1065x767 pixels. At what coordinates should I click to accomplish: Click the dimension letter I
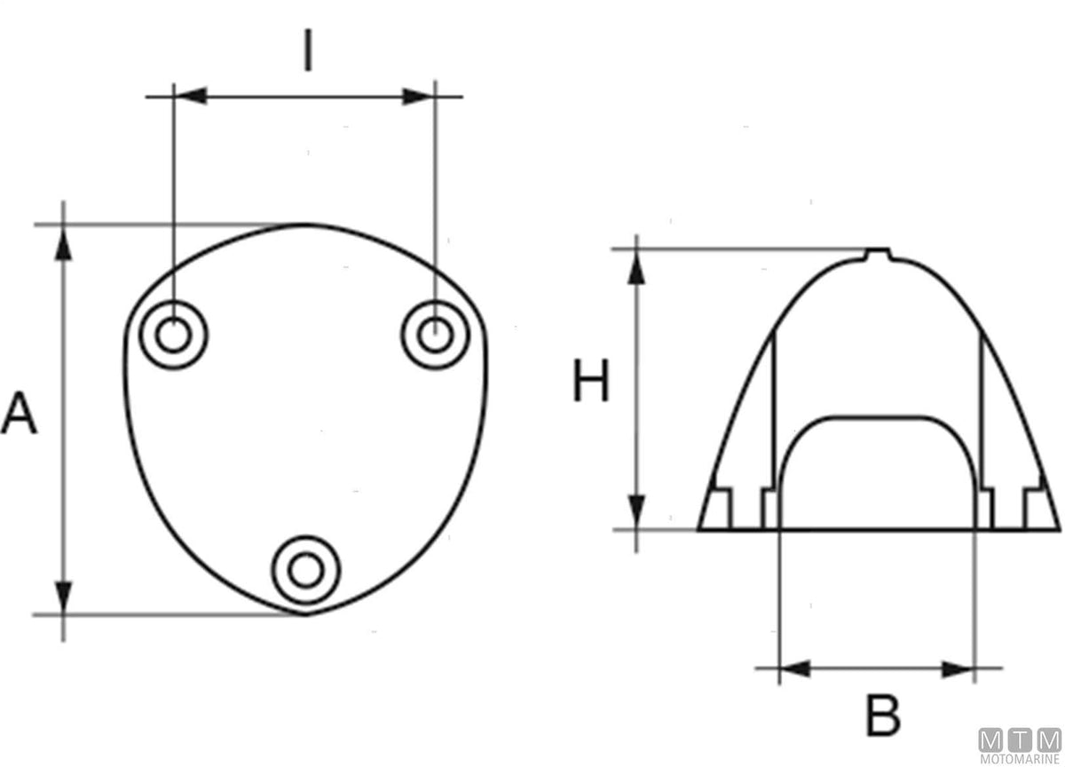tap(308, 50)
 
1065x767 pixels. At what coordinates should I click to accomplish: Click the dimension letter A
tap(20, 413)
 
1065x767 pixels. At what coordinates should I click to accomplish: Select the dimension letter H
tap(591, 381)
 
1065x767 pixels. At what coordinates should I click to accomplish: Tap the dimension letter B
tap(883, 716)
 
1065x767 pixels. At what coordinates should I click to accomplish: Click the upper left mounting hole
tap(174, 335)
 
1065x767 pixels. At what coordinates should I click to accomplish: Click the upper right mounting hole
tap(435, 335)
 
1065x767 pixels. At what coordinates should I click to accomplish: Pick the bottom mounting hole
tap(305, 570)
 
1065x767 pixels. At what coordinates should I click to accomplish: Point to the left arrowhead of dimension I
tap(191, 96)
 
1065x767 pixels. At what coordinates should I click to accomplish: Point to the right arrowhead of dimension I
tap(418, 97)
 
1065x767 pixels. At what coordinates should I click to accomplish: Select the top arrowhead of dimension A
tap(63, 243)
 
